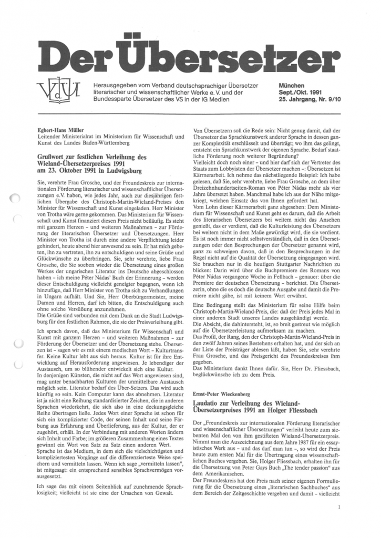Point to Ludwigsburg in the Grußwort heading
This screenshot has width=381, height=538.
click(x=128, y=171)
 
